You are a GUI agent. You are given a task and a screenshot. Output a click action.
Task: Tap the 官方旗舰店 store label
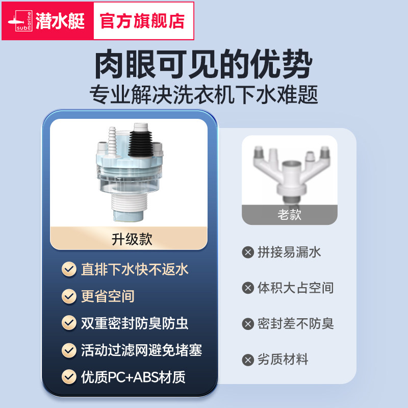point(142,21)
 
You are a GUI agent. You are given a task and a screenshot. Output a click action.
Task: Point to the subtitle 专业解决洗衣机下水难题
point(203,95)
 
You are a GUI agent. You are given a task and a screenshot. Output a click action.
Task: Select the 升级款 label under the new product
point(132,239)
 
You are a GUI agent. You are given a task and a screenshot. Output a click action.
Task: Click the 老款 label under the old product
point(289,214)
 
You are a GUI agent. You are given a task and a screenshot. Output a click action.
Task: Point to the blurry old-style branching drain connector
point(289,168)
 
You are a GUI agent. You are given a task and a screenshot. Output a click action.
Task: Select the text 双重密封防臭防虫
point(135,323)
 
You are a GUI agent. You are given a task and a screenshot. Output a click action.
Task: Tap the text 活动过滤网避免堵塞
point(141,350)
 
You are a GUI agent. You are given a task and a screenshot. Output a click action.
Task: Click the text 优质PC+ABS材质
point(133,377)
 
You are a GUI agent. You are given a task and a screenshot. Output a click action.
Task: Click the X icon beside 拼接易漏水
point(248,252)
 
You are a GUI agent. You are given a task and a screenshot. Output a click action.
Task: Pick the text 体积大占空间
point(295,288)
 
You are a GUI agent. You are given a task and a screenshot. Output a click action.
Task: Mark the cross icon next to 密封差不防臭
point(248,324)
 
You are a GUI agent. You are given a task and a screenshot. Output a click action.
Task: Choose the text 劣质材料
point(283,360)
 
